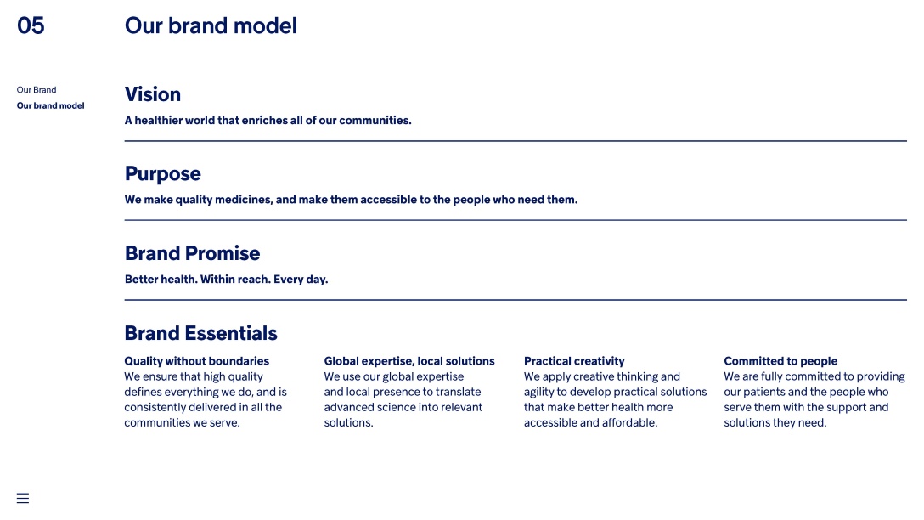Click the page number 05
coord(31,26)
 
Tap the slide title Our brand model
coord(211,26)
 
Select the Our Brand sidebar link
coord(37,89)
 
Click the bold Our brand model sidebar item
coord(51,105)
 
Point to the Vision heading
coord(153,94)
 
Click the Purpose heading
coord(163,174)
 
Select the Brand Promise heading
coord(192,253)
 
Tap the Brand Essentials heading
coord(201,333)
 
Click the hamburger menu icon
coord(23,498)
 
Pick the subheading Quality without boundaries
coord(197,361)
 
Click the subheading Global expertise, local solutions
coord(409,361)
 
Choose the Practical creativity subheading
coord(575,361)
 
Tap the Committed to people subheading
coord(780,361)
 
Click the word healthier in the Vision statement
coord(159,121)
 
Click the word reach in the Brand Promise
coord(253,280)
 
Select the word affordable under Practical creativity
coord(630,423)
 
